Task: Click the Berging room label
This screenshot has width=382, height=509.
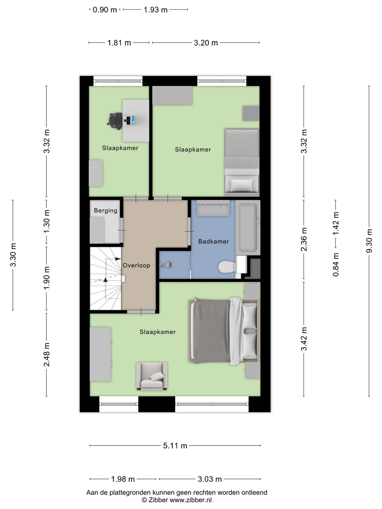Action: pyautogui.click(x=105, y=211)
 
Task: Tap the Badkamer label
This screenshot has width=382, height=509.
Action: pyautogui.click(x=213, y=241)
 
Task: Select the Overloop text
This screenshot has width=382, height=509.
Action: pyautogui.click(x=137, y=265)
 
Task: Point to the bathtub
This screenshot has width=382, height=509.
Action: pyautogui.click(x=248, y=228)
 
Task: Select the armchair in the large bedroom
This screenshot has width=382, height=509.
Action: pyautogui.click(x=152, y=376)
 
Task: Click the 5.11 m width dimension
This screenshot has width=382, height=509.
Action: pyautogui.click(x=175, y=446)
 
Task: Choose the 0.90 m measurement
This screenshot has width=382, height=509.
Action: pyautogui.click(x=105, y=10)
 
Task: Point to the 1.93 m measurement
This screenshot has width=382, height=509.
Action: pyautogui.click(x=155, y=10)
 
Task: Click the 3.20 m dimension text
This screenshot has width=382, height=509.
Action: pyautogui.click(x=206, y=43)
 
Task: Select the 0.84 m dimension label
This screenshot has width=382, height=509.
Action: pyautogui.click(x=336, y=265)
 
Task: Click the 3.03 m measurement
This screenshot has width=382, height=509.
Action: pyautogui.click(x=210, y=479)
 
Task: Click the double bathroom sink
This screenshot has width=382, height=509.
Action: pyautogui.click(x=213, y=208)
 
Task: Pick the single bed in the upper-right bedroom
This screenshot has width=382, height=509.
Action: pyautogui.click(x=242, y=161)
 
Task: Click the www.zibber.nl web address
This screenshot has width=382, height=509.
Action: pyautogui.click(x=191, y=500)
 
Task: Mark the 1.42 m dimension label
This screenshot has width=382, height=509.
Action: pyautogui.click(x=336, y=223)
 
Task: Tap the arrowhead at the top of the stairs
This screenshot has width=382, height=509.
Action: pyautogui.click(x=118, y=258)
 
